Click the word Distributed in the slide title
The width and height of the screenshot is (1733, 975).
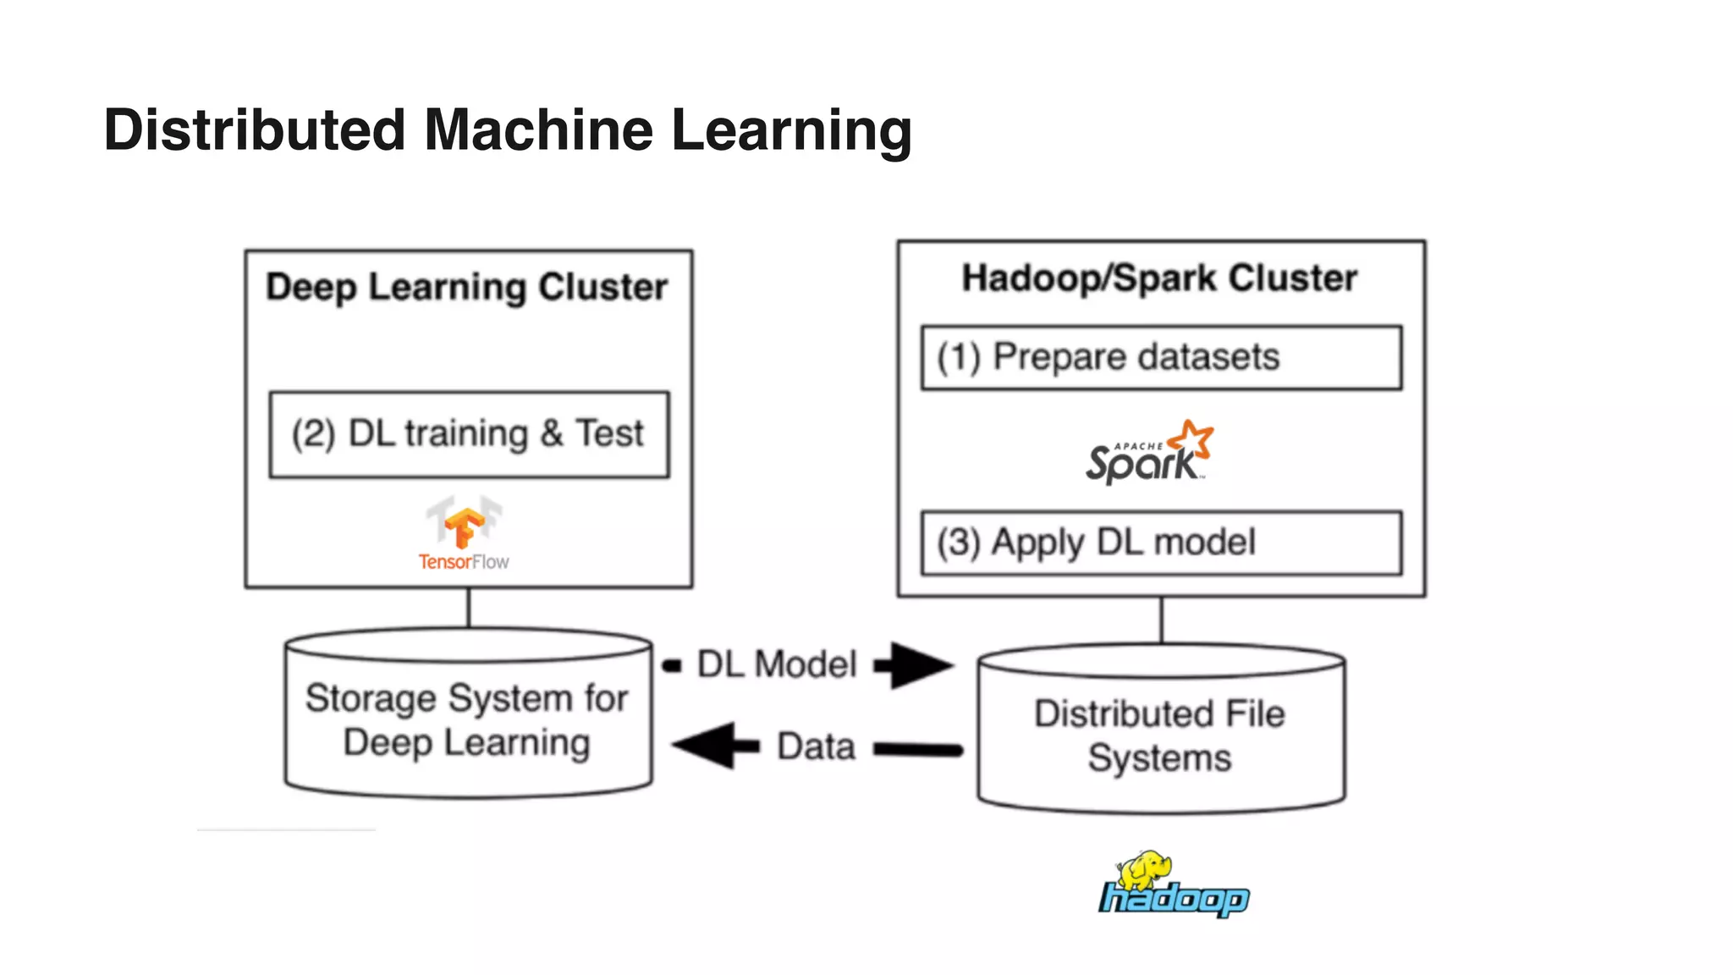[x=254, y=130]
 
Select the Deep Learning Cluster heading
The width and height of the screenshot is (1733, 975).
[x=466, y=287]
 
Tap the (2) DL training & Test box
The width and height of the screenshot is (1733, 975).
[x=469, y=434]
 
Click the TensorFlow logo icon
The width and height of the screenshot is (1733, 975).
[x=464, y=522]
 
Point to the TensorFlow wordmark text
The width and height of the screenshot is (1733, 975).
[x=464, y=562]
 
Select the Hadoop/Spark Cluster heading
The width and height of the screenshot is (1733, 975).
[x=1159, y=278]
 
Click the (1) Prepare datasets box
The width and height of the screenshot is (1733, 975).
[x=1161, y=357]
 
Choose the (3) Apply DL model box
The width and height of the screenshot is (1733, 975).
[x=1161, y=543]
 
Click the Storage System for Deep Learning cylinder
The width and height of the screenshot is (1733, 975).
[x=468, y=719]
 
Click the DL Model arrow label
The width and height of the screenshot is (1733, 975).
[x=777, y=664]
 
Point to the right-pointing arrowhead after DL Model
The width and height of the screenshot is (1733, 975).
[x=921, y=664]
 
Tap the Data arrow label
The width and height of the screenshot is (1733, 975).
[x=816, y=746]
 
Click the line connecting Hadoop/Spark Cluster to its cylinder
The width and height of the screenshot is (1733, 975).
[x=1161, y=620]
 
